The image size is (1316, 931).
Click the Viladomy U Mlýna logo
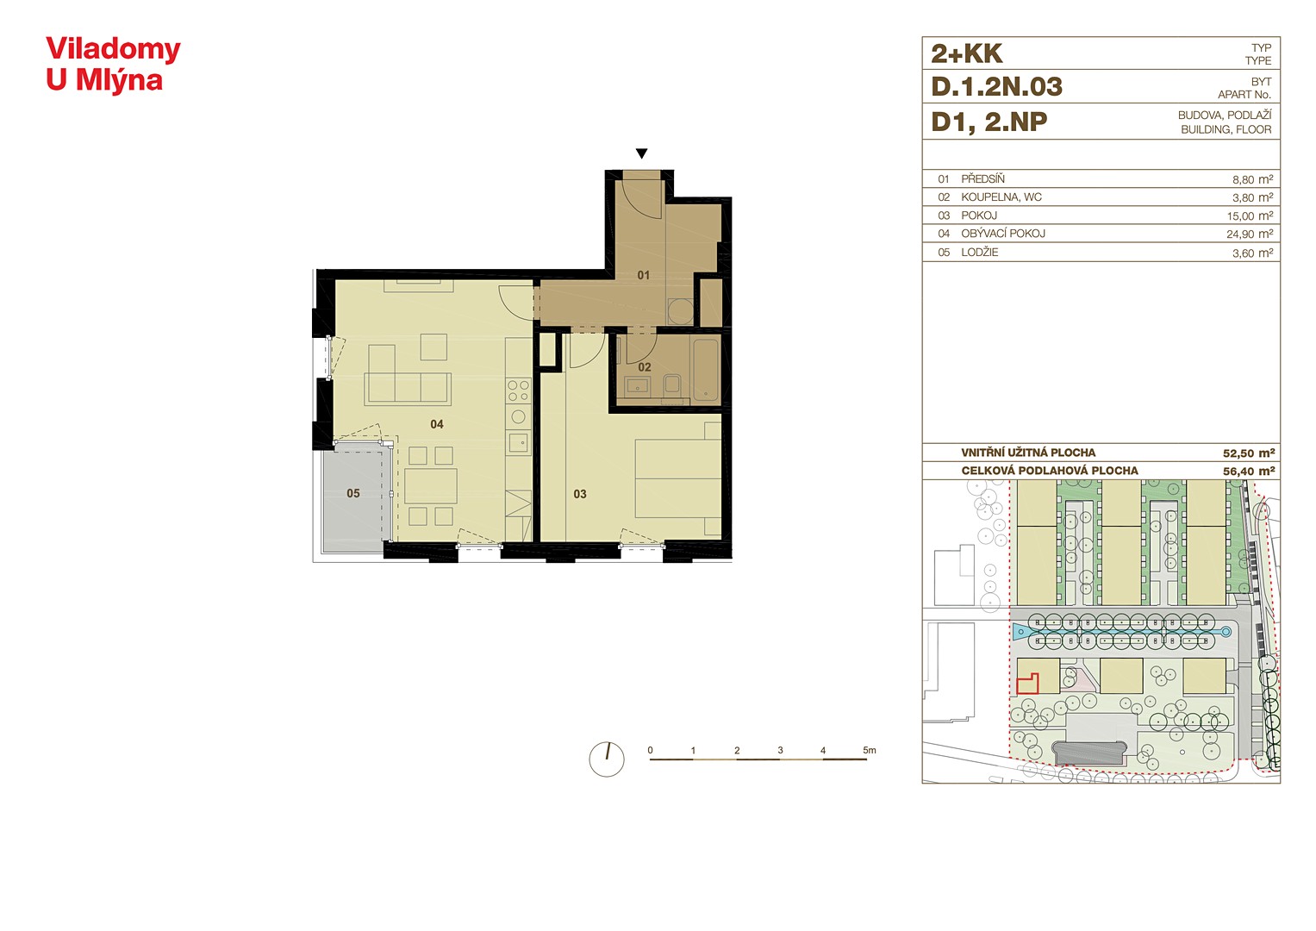tap(113, 65)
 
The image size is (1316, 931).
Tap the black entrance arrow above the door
tap(641, 153)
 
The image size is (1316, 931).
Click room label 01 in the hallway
tap(643, 275)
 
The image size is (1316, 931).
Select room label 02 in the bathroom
tap(645, 367)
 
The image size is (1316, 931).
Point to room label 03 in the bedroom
tap(580, 494)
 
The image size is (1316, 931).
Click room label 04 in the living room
tap(437, 424)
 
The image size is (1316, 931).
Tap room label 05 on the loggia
tap(353, 493)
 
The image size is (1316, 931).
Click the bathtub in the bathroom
tap(706, 370)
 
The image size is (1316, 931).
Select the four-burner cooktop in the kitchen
tap(518, 391)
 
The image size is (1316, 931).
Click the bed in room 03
tap(678, 478)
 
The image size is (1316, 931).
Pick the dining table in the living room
tap(431, 486)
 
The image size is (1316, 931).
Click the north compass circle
tap(607, 759)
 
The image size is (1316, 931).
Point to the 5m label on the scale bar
tap(870, 750)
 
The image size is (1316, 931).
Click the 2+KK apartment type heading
tap(966, 54)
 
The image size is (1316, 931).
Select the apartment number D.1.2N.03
tap(997, 87)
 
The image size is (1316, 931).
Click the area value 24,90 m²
tap(1250, 234)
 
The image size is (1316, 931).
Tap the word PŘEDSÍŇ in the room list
tap(982, 179)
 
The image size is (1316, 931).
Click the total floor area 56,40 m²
tap(1249, 472)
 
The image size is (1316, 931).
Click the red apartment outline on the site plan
tap(1027, 684)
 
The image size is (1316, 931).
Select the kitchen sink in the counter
tap(518, 442)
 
